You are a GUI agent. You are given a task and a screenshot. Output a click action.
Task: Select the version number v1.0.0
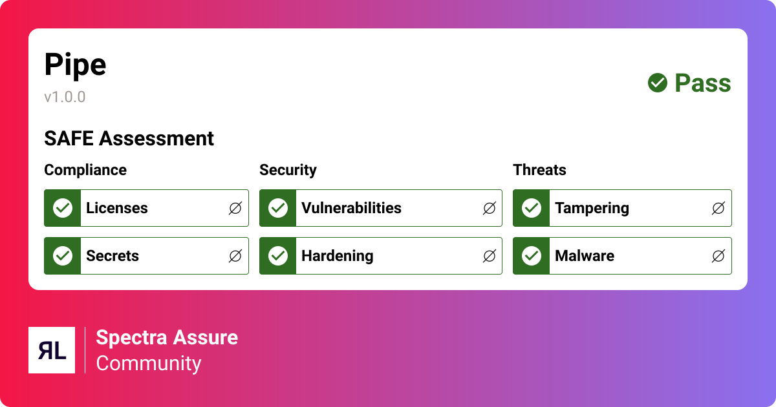click(x=65, y=97)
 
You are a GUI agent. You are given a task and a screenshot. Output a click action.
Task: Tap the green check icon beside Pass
click(x=658, y=83)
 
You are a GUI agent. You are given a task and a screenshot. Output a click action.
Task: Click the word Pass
click(x=703, y=83)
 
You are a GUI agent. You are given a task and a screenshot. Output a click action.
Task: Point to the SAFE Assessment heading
click(x=129, y=138)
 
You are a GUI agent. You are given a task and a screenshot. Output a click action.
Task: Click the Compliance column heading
click(x=85, y=170)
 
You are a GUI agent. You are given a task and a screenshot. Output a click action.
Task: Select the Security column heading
click(x=288, y=170)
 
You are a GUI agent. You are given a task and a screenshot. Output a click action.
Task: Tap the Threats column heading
click(x=539, y=170)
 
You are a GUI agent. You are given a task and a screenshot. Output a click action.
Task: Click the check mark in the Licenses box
click(x=63, y=208)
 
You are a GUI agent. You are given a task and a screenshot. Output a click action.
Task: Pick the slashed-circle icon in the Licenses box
click(x=235, y=208)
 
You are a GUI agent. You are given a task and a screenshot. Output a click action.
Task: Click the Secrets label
click(x=113, y=256)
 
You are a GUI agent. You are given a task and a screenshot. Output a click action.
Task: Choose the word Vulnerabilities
click(x=351, y=208)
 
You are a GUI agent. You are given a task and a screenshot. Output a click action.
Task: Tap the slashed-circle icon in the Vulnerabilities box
click(x=490, y=208)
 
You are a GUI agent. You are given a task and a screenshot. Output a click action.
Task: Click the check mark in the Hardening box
click(x=278, y=256)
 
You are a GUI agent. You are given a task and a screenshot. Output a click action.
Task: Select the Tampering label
click(x=592, y=208)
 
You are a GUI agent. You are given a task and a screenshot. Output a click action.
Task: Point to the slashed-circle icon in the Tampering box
click(x=718, y=208)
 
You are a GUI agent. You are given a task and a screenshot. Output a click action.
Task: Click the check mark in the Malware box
click(x=532, y=256)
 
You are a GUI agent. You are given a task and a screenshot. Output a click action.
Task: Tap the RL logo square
click(x=52, y=350)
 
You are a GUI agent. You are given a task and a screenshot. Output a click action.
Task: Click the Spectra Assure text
click(x=167, y=337)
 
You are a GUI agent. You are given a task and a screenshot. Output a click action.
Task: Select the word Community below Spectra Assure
click(x=149, y=363)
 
